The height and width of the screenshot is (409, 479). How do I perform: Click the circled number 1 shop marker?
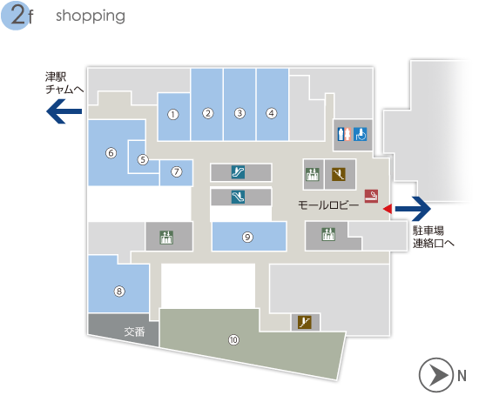tap(173, 115)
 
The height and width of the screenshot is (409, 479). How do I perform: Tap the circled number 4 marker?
tap(271, 113)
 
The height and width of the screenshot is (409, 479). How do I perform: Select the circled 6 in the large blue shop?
tap(111, 153)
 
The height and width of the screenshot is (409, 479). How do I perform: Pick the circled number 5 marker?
tap(143, 159)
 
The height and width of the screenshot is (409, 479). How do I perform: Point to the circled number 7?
tap(176, 171)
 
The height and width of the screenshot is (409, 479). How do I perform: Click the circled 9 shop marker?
tap(247, 238)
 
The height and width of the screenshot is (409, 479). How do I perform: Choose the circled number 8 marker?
tap(119, 292)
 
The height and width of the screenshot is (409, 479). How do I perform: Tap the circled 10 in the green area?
tap(233, 339)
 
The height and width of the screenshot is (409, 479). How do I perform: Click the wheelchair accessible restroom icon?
tap(361, 134)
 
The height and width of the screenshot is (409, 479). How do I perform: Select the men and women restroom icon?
tap(344, 134)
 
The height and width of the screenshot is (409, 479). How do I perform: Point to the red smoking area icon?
tap(371, 196)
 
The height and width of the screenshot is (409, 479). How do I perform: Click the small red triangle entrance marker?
tap(388, 209)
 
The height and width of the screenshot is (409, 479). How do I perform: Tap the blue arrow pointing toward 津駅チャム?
tap(64, 111)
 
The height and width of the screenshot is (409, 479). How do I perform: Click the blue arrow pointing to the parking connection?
tap(413, 209)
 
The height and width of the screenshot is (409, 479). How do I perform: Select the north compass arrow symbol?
tap(436, 375)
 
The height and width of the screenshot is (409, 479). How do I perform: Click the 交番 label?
tap(134, 332)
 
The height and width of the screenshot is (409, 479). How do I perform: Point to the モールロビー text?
tap(328, 205)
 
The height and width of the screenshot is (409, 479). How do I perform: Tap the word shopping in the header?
tap(91, 16)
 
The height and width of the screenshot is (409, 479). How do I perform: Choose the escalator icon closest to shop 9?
tap(238, 198)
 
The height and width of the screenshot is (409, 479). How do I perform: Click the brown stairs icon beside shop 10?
tap(305, 322)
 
